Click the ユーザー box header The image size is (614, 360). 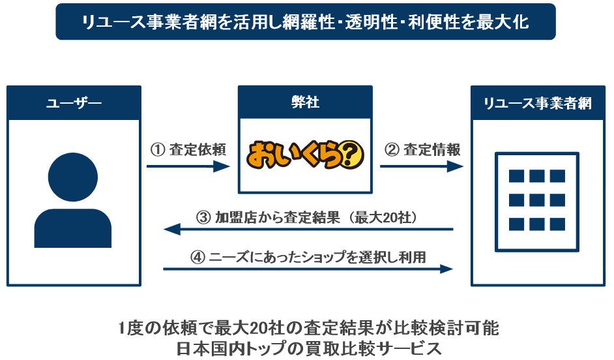pos(74,103)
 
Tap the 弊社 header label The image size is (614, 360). pos(305,103)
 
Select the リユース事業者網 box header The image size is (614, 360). pos(538,103)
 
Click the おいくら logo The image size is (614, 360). pos(305,154)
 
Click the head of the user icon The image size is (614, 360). pos(73,176)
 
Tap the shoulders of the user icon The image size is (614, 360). pos(73,228)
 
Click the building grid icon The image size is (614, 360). pos(537,199)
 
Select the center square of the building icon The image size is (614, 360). pos(537,200)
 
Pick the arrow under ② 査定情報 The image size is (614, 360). pos(421,167)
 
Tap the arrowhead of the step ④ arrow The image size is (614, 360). pos(447,269)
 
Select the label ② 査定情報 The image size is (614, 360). pos(422,149)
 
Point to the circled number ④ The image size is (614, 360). pos(197,257)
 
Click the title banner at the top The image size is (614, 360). pos(305,22)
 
